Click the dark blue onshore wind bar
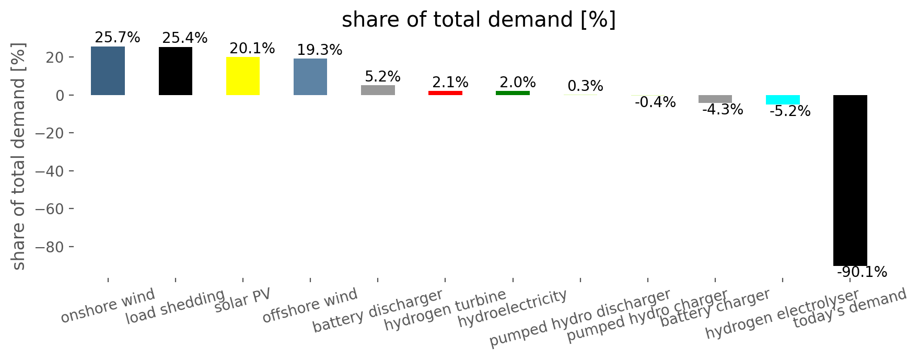point(108,71)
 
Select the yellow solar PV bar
point(243,76)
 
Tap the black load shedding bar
point(176,71)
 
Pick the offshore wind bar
point(310,77)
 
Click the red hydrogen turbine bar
point(445,93)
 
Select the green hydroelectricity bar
point(513,93)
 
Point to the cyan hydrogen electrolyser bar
point(783,100)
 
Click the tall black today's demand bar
point(850,180)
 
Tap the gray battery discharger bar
point(378,90)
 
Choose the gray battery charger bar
point(715,99)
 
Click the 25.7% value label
point(118,38)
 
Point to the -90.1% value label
point(862,272)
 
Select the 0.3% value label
point(585,86)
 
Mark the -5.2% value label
point(790,111)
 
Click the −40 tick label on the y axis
point(53,171)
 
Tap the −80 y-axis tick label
point(53,247)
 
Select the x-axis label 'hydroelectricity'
point(513,308)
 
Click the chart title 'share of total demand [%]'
point(479,20)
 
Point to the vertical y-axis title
point(19,157)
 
